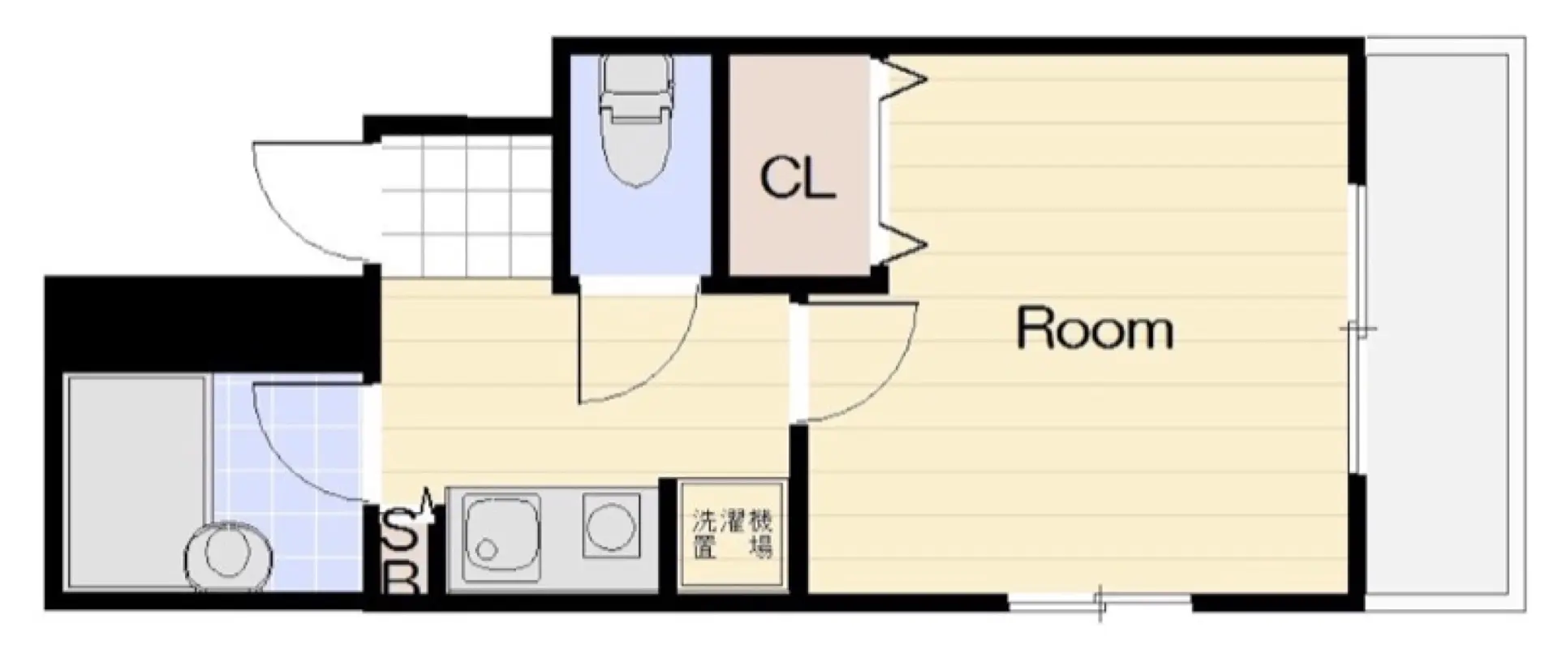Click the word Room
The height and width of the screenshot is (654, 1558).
tap(1095, 329)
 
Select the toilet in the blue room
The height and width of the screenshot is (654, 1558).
tap(635, 120)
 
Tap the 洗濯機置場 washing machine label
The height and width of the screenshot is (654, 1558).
tap(732, 534)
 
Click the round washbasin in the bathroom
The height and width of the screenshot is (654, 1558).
tap(228, 555)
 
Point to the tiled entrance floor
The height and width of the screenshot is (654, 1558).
tap(465, 206)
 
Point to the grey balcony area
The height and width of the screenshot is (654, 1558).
tap(1444, 325)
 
